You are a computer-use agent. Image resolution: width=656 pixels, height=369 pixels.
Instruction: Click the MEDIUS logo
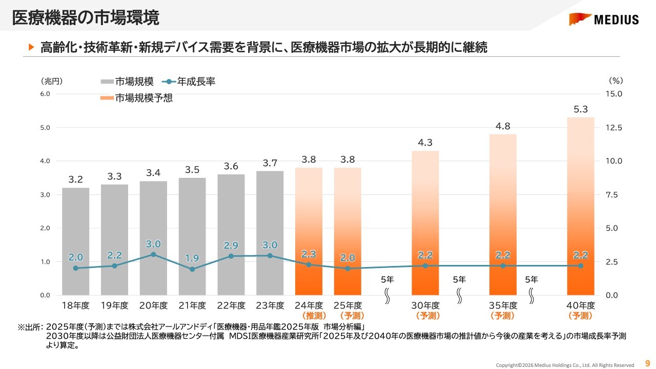click(x=604, y=19)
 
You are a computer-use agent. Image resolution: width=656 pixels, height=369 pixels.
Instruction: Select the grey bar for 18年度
click(x=75, y=241)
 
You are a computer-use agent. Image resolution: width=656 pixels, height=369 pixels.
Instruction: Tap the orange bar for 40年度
click(x=581, y=205)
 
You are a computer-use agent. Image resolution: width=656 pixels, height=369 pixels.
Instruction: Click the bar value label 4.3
click(x=425, y=143)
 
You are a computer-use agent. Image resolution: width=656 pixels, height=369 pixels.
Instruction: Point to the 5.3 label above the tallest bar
click(x=581, y=109)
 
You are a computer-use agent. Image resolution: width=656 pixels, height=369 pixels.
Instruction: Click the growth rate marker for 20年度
click(x=153, y=254)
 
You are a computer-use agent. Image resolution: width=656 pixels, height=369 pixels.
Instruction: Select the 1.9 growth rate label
click(x=192, y=258)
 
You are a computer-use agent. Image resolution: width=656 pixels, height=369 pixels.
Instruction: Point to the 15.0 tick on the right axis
click(x=613, y=94)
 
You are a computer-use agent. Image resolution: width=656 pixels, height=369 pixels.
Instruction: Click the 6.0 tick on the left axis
click(x=45, y=94)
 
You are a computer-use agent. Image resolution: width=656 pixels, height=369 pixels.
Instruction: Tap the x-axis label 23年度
click(x=270, y=305)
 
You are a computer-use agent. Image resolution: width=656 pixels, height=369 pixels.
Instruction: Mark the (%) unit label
click(x=616, y=80)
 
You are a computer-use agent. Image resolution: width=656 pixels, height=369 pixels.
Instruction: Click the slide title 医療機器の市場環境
click(x=85, y=17)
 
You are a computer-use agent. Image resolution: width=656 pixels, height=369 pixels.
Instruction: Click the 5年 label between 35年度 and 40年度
click(x=531, y=280)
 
